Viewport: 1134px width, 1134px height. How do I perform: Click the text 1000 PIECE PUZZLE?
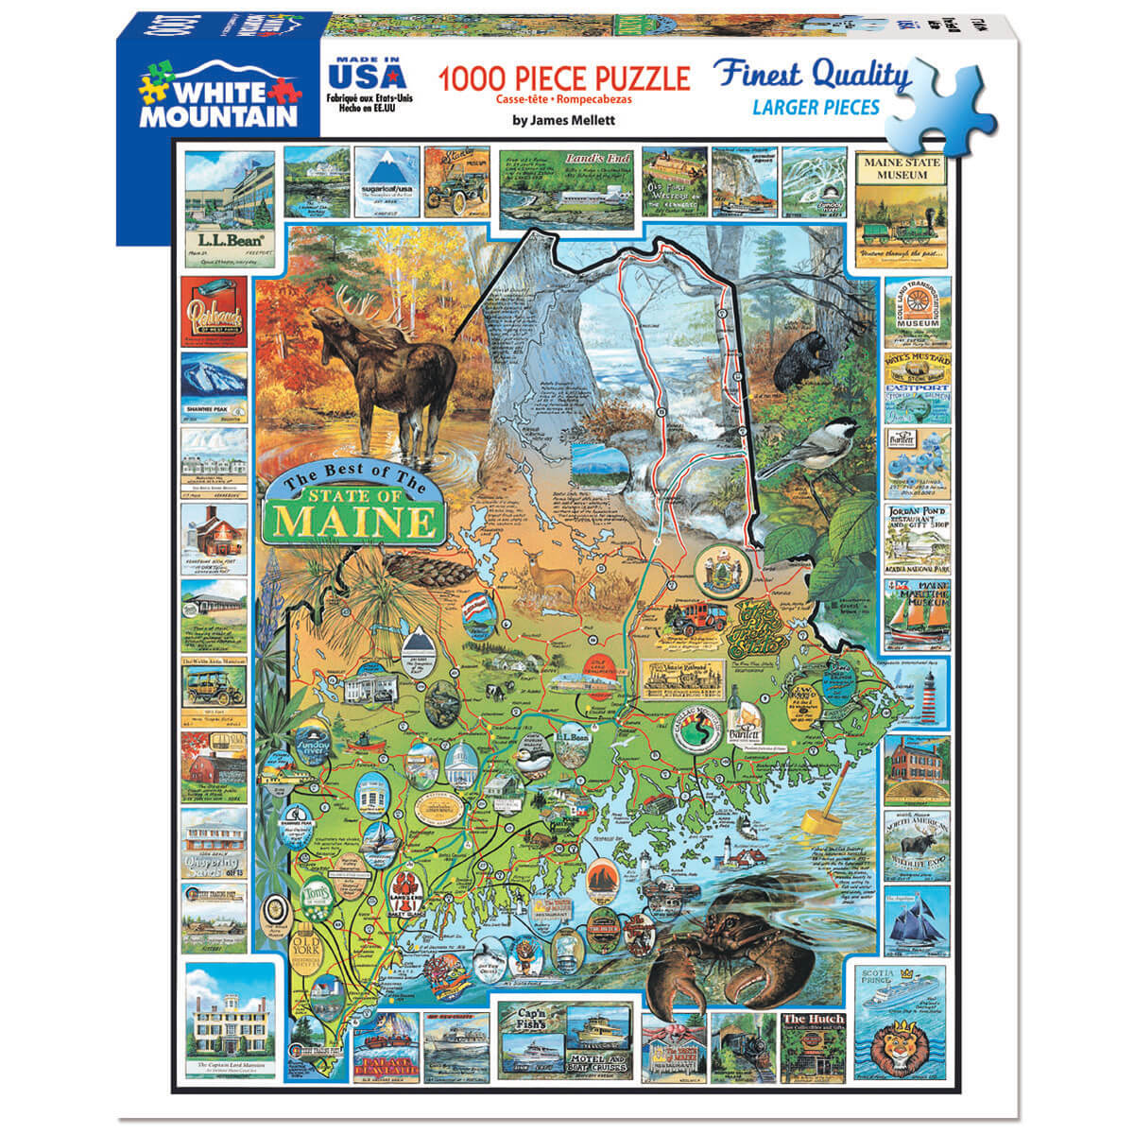point(562,77)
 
